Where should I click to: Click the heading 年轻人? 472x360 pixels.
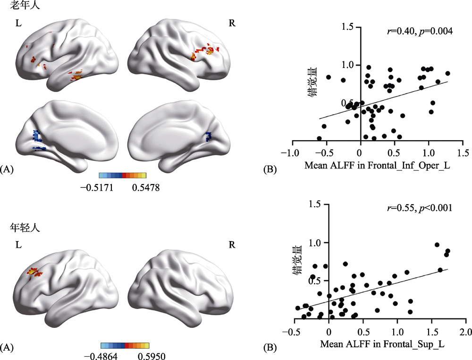[25, 227]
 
